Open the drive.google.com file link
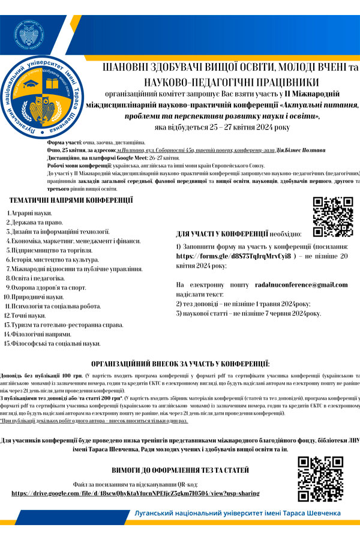[x=136, y=493]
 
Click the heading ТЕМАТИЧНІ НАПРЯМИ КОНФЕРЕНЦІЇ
[x=71, y=200]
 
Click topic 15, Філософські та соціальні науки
[x=55, y=343]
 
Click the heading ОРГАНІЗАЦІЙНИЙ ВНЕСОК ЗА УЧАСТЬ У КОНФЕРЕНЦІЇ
[x=181, y=364]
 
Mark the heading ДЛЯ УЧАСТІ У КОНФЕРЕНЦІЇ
[x=222, y=233]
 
